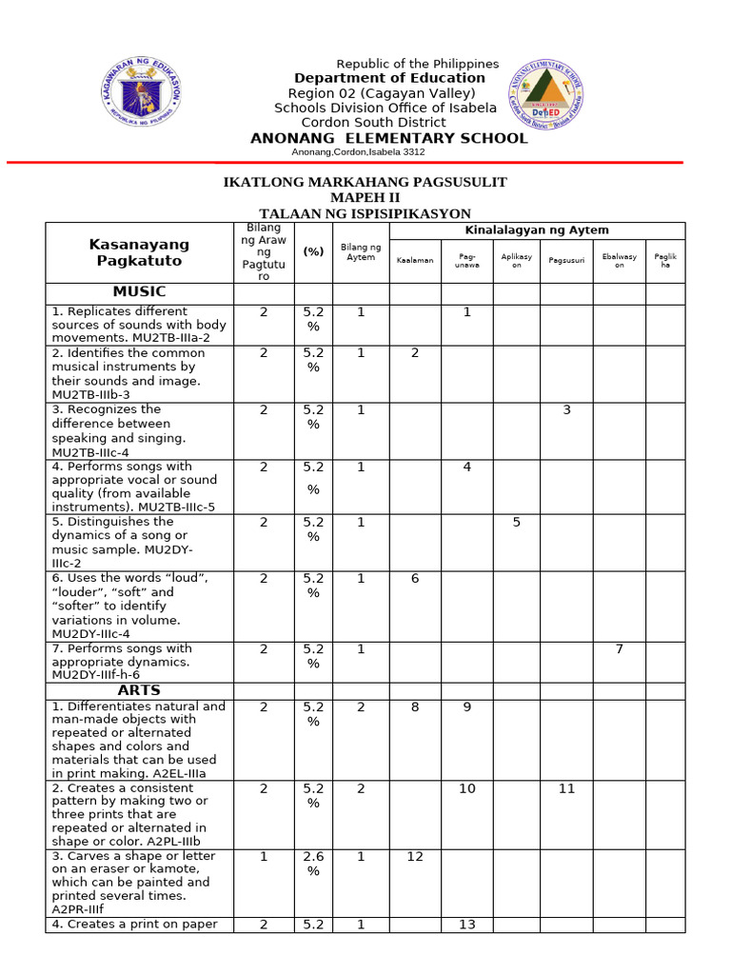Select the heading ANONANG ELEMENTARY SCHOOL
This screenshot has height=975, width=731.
388,138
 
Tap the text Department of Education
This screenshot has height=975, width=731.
389,78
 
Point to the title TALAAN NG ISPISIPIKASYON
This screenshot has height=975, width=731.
365,213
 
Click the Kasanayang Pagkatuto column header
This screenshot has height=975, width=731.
139,252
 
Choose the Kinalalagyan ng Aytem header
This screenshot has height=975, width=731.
536,230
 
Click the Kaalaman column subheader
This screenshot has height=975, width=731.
415,260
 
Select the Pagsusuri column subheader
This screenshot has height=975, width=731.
566,260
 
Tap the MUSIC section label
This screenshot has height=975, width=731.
139,291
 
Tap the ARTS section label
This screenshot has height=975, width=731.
139,690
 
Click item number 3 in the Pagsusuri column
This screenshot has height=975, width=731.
566,410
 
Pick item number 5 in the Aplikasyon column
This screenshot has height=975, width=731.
517,523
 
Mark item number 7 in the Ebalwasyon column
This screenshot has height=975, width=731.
619,649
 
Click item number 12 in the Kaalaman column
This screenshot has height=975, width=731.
415,857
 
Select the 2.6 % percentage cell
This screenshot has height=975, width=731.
313,864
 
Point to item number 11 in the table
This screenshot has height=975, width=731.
566,789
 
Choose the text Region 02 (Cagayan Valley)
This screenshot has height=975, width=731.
382,93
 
